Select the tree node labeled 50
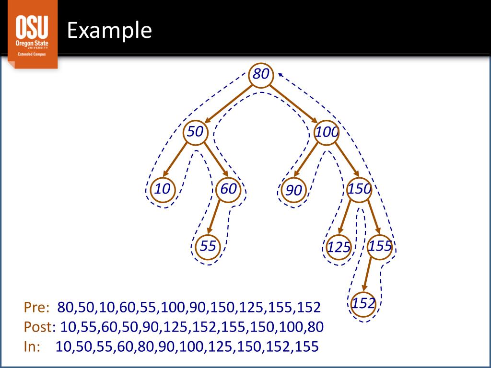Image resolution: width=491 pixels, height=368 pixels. coord(196,133)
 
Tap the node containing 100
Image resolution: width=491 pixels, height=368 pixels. coord(327,133)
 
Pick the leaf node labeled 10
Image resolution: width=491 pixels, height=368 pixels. coord(163,189)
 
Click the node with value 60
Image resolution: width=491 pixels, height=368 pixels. coord(229,189)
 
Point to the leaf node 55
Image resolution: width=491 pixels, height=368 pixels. coord(208,247)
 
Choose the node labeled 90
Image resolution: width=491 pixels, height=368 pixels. coord(294,190)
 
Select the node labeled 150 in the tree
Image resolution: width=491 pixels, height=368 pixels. coord(359,189)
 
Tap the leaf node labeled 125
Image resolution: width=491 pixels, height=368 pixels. coord(338,248)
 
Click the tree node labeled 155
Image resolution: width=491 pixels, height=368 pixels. coord(380,247)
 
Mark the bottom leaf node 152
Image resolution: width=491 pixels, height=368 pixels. coord(363,304)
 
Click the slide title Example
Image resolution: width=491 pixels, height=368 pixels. coord(109,31)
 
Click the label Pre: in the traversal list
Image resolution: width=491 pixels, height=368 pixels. coord(37,307)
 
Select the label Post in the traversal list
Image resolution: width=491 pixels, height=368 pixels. coord(38,327)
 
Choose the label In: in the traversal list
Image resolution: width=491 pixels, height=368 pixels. coord(33,346)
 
